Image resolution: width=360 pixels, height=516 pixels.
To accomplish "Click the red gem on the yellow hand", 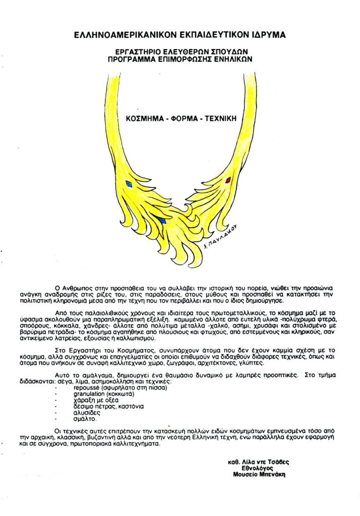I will coord(228,179).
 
